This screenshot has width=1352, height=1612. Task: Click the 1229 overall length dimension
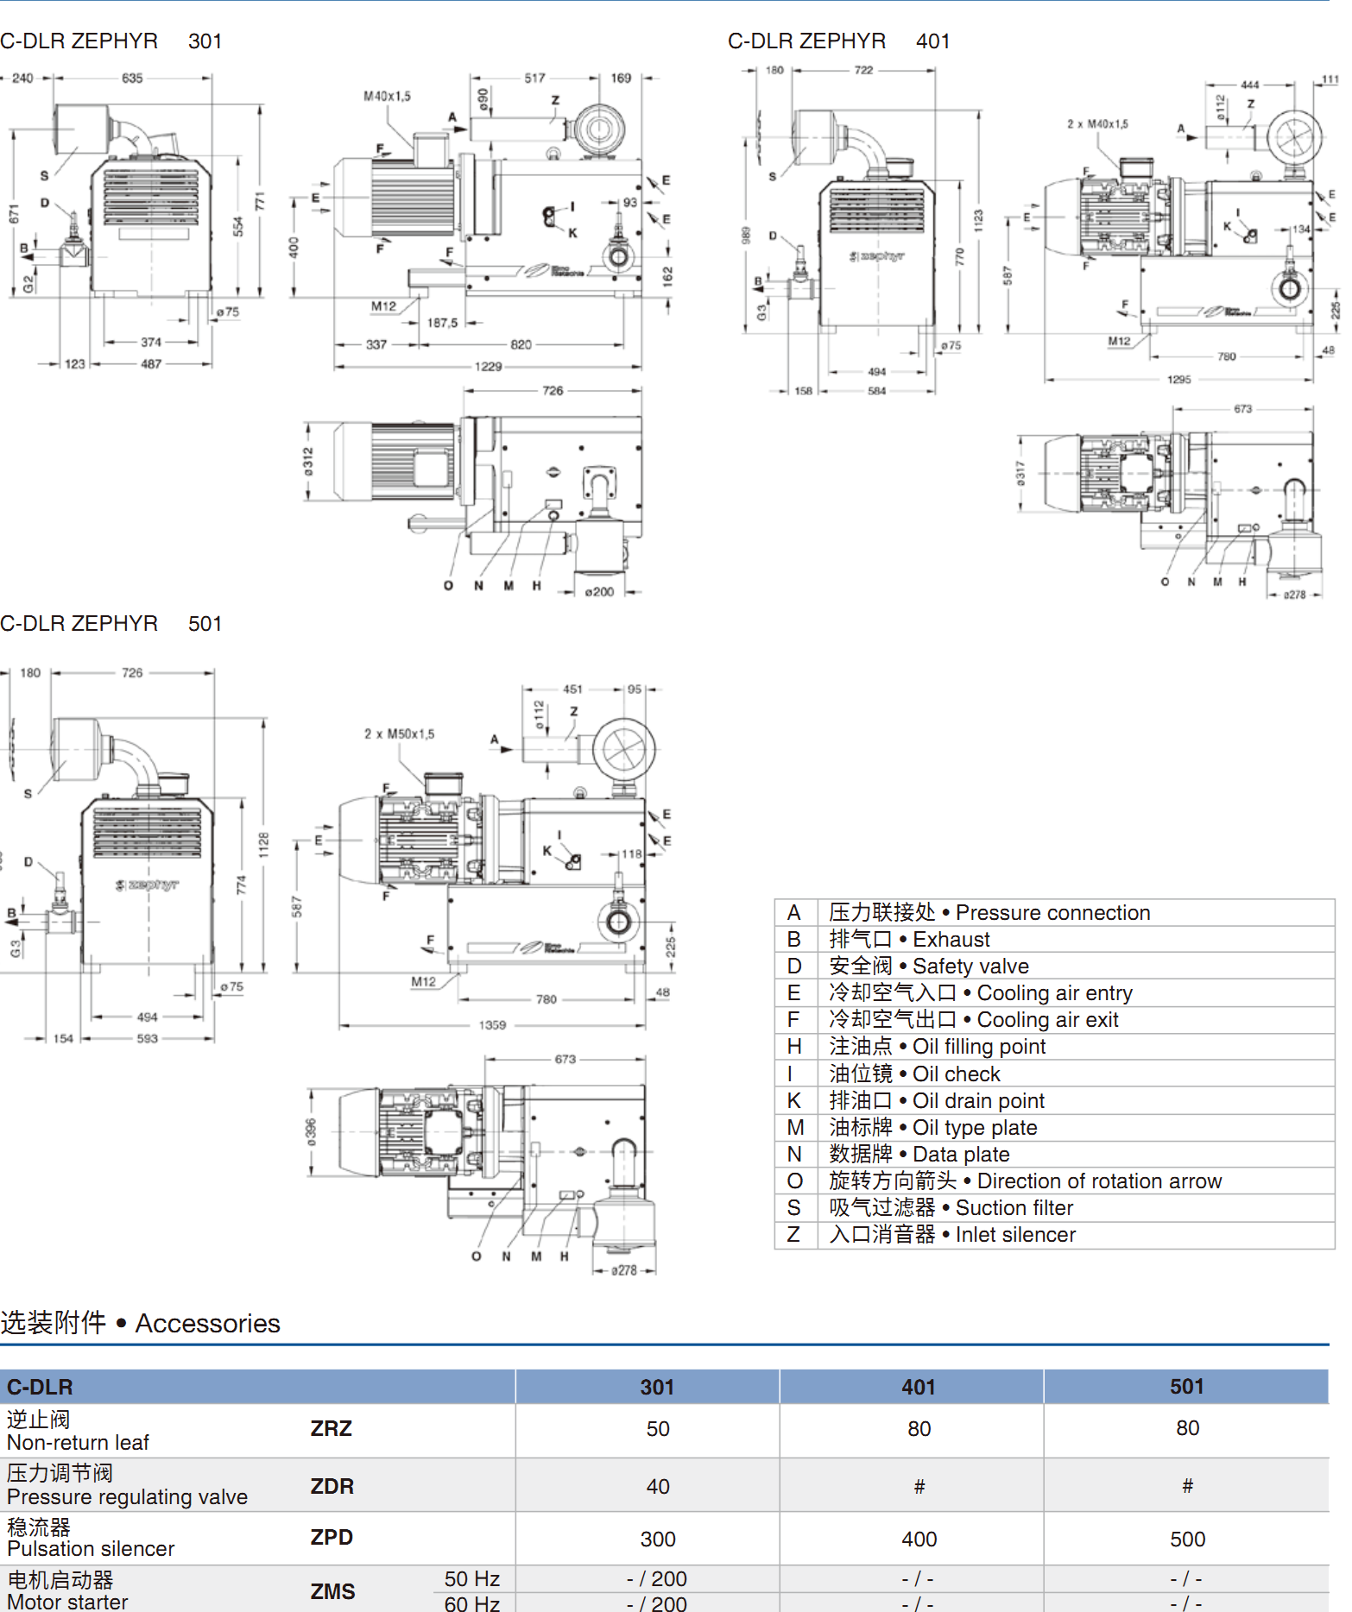(488, 367)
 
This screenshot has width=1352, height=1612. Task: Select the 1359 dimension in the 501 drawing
(492, 1025)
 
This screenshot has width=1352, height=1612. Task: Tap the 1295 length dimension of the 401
(1178, 380)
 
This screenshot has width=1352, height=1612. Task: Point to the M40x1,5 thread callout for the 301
(387, 97)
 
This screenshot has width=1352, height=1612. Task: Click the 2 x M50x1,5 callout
(399, 734)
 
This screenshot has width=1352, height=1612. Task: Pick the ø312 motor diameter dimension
(308, 461)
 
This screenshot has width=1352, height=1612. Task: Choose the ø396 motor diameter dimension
(311, 1132)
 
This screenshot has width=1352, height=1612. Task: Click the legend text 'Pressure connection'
(1052, 913)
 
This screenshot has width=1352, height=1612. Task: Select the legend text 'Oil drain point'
(978, 1101)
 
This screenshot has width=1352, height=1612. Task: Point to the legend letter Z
(793, 1235)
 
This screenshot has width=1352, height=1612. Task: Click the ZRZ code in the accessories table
(332, 1429)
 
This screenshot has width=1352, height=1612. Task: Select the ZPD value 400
(919, 1540)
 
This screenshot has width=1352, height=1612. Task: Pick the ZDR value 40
(658, 1487)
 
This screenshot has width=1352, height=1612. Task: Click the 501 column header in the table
(1187, 1387)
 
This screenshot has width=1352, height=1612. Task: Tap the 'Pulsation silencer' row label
(91, 1549)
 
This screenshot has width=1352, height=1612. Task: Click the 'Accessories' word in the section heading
(207, 1324)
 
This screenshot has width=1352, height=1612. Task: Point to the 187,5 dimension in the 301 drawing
(442, 323)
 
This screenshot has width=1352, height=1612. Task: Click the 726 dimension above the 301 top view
(553, 391)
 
